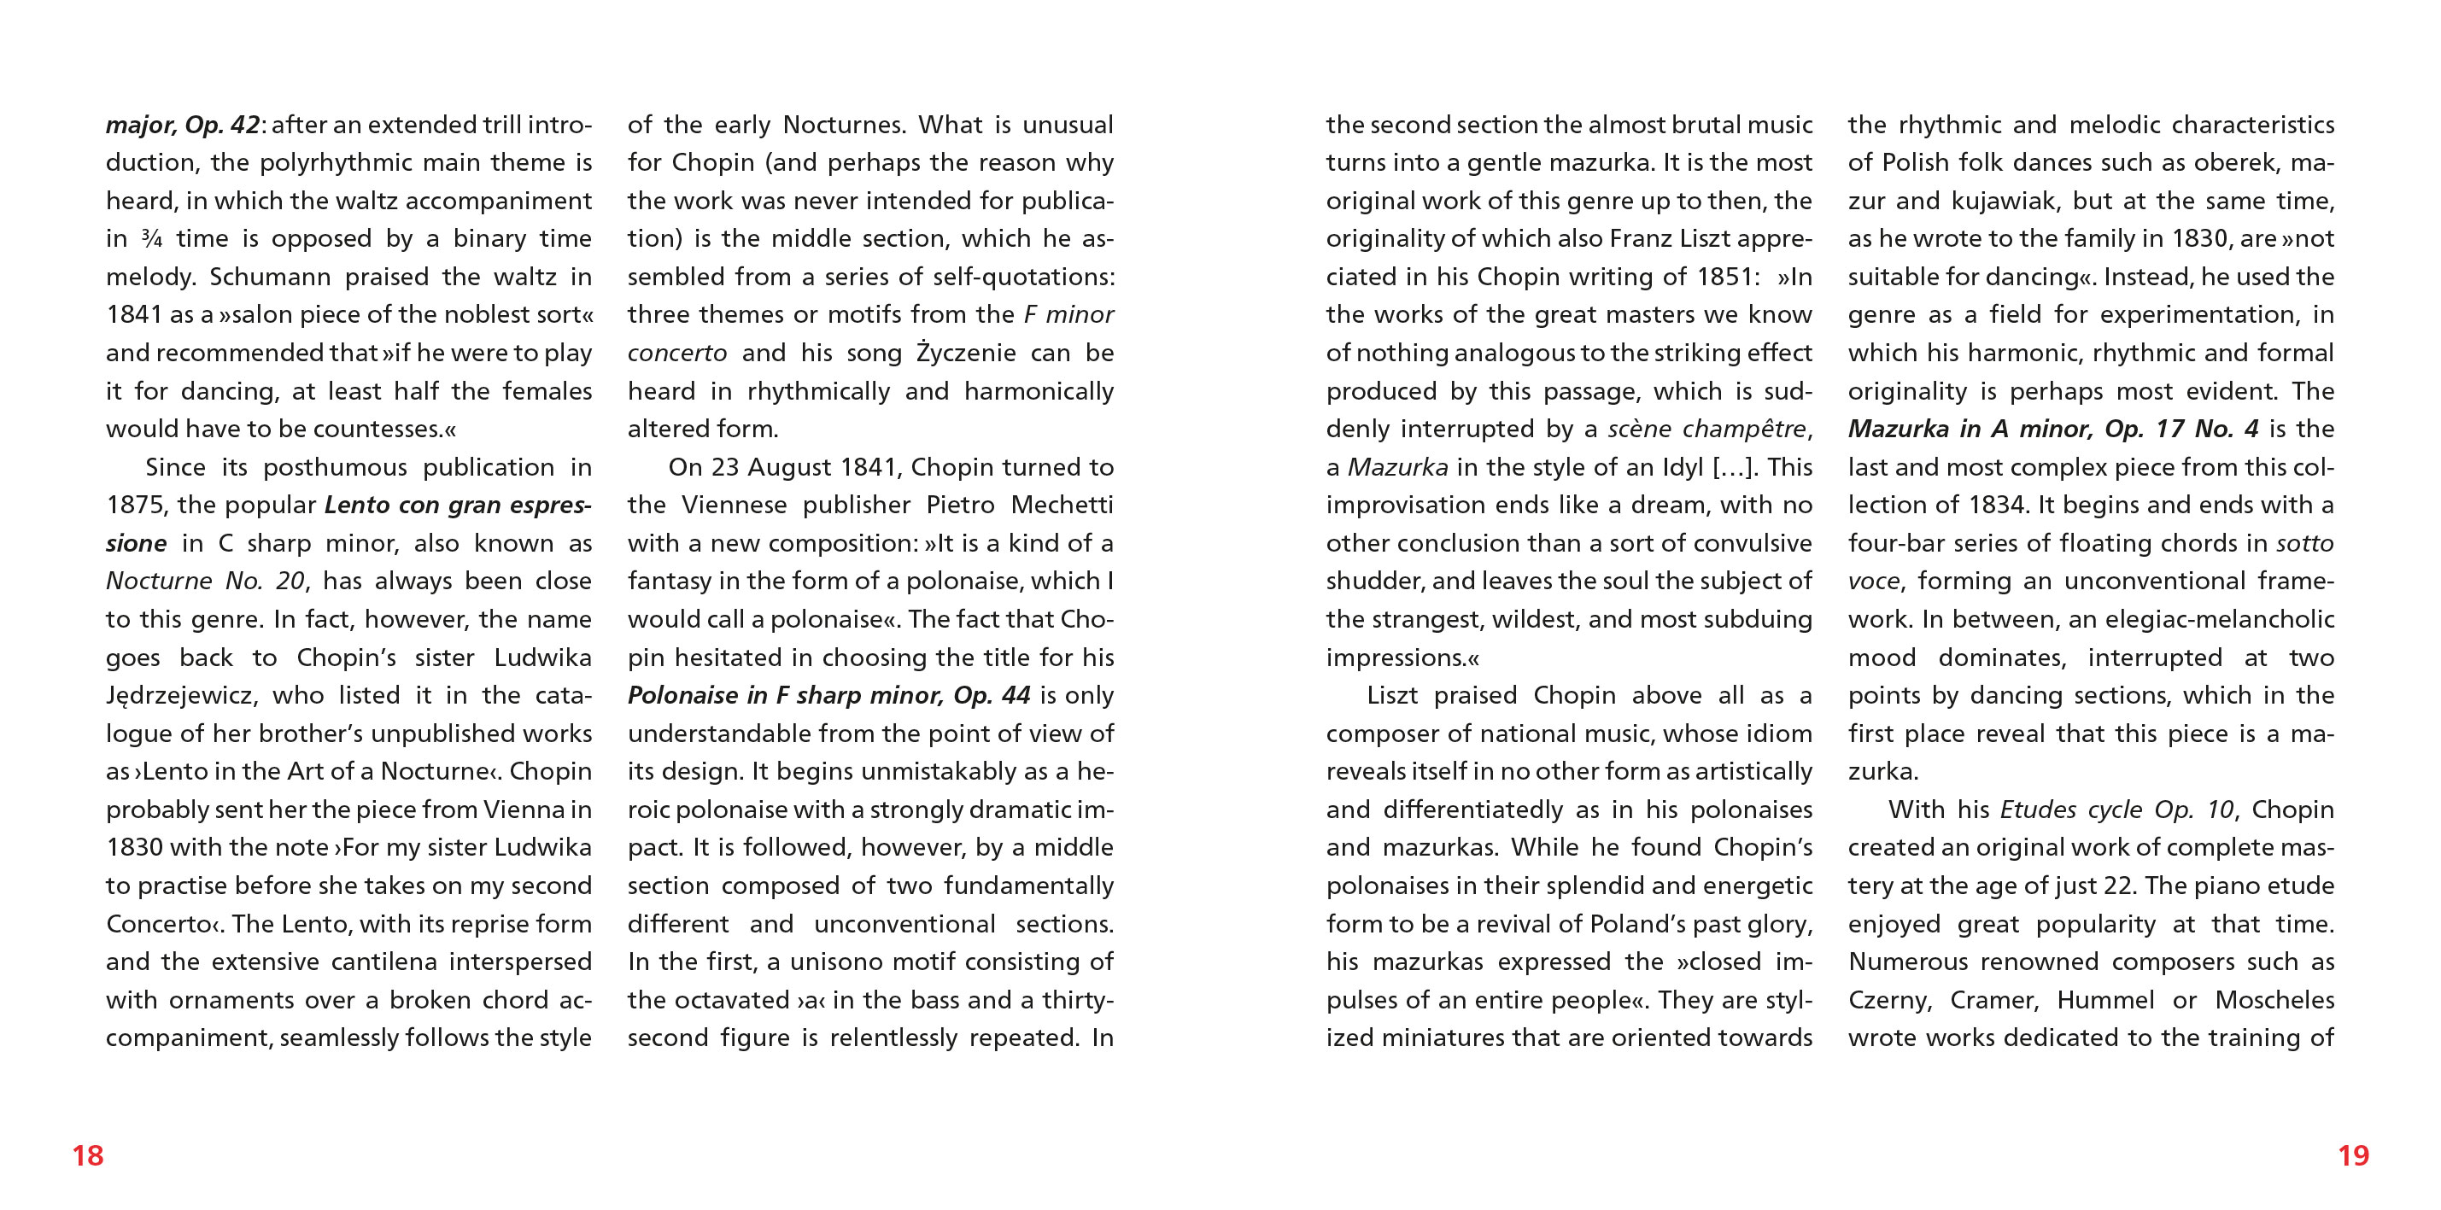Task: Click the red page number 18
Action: click(x=88, y=1155)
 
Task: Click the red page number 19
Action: click(x=2353, y=1155)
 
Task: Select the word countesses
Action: click(x=378, y=430)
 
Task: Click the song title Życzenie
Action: click(x=966, y=354)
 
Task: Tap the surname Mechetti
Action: click(x=1062, y=505)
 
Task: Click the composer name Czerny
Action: click(x=1889, y=1001)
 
